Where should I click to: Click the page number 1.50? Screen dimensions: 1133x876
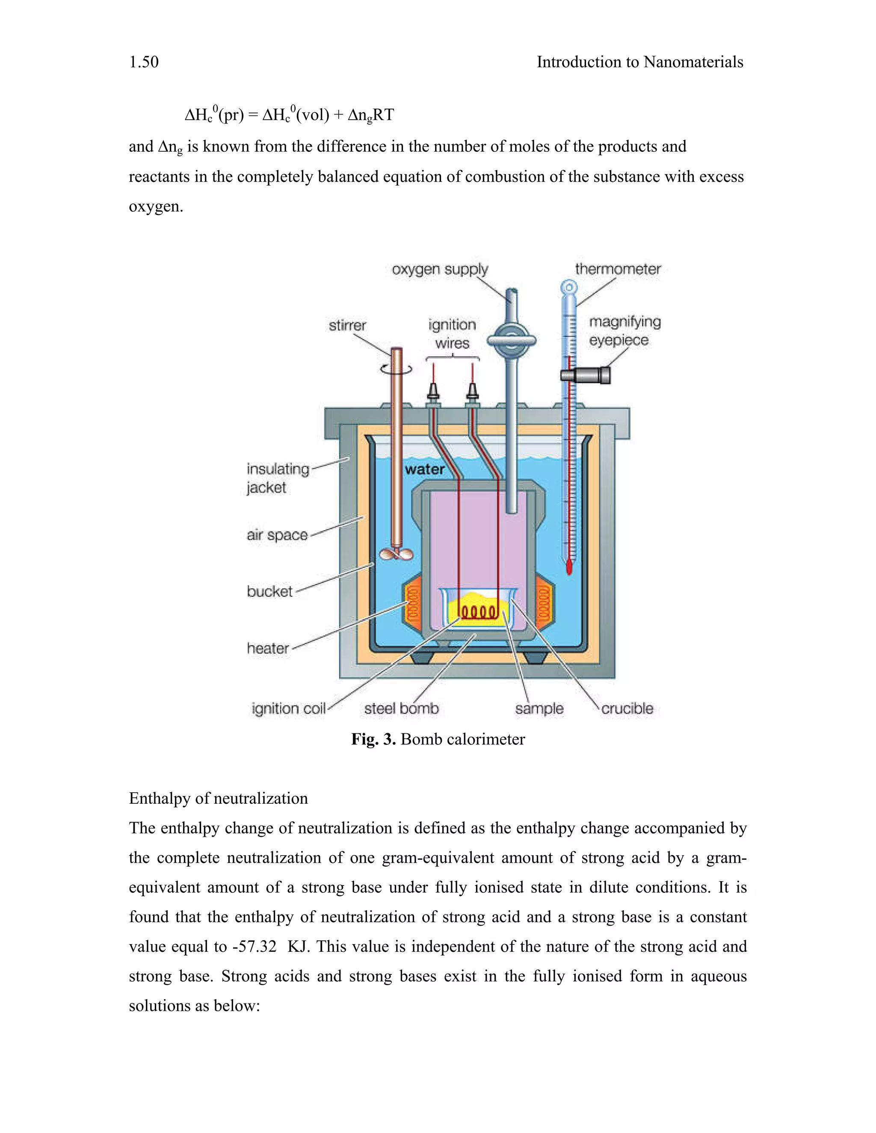coord(144,62)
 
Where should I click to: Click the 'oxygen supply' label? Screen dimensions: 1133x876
coord(440,269)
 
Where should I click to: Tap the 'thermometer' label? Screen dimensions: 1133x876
coord(618,269)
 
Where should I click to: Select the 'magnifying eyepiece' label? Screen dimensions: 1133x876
coord(624,331)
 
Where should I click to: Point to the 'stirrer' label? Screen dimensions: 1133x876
coord(347,325)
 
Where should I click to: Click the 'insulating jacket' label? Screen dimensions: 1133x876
coord(278,478)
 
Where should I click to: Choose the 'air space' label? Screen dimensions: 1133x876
coord(277,535)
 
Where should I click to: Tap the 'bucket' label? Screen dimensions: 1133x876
coord(269,591)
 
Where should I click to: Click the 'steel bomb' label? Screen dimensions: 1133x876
coord(401,708)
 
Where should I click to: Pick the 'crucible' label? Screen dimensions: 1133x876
coord(627,708)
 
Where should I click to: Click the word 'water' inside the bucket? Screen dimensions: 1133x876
coord(424,469)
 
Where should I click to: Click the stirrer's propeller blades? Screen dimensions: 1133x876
coord(397,554)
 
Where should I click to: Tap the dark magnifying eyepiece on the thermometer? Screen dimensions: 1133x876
coord(586,375)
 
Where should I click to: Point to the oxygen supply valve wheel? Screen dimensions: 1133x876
coord(511,340)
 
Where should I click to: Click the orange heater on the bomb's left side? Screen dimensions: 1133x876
coord(413,606)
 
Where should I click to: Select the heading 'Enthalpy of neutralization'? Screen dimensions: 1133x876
coord(218,798)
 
